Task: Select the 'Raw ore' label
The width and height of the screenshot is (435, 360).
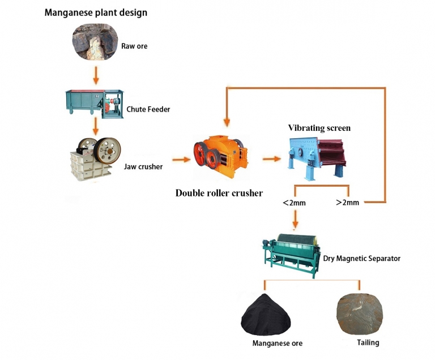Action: [x=134, y=46]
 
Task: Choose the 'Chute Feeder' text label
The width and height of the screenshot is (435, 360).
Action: [x=148, y=109]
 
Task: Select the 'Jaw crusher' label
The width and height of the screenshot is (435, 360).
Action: [x=143, y=166]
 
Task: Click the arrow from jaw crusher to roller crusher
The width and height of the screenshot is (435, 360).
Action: [x=181, y=160]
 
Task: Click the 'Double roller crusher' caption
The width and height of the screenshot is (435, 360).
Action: [x=219, y=193]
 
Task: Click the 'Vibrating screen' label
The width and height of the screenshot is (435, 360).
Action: [x=319, y=128]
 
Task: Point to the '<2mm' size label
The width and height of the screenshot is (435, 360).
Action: [x=295, y=202]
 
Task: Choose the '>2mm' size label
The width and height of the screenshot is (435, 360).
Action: [x=347, y=202]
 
